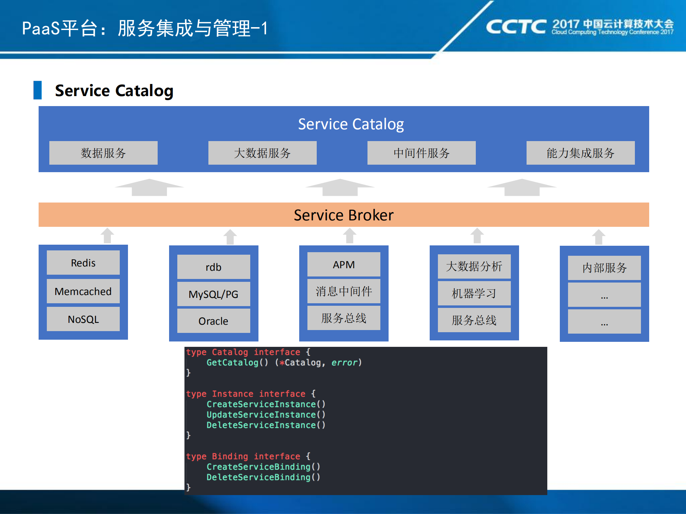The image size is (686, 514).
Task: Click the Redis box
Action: click(83, 263)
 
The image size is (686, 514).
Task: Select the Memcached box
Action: click(83, 291)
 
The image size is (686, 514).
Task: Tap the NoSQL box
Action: click(83, 319)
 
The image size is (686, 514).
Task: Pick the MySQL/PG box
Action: click(213, 294)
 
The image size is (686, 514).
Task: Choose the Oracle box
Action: click(213, 321)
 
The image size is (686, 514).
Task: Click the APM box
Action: click(344, 265)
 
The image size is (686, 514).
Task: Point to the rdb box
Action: click(213, 267)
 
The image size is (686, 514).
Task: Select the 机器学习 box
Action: click(474, 294)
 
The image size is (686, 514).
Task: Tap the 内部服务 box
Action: click(604, 268)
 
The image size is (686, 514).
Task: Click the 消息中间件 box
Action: click(344, 291)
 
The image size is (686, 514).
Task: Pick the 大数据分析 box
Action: click(474, 266)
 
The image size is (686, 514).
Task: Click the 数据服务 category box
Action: click(103, 153)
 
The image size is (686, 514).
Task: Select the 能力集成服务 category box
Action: click(580, 153)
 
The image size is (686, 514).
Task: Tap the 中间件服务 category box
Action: click(421, 153)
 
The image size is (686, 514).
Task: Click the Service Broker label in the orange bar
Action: click(344, 215)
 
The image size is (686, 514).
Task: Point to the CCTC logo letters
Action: click(515, 27)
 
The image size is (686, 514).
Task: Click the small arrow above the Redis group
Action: click(107, 236)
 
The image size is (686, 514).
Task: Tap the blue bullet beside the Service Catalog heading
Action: click(38, 90)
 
